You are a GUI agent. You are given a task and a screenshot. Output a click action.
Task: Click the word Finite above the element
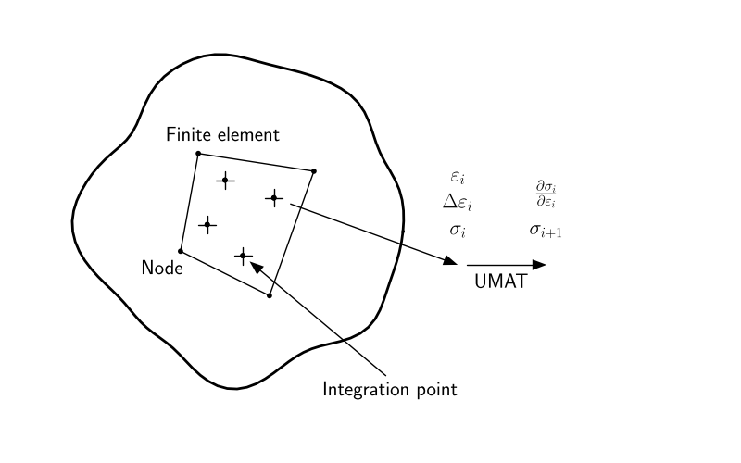click(186, 134)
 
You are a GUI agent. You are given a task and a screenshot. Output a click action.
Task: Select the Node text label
click(162, 268)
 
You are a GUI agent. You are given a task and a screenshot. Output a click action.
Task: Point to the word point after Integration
click(435, 390)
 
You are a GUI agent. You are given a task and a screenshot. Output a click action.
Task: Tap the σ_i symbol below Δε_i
click(457, 229)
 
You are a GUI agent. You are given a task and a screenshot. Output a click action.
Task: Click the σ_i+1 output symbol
click(546, 229)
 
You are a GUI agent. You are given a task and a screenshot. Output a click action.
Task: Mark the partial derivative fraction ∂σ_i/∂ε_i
click(546, 195)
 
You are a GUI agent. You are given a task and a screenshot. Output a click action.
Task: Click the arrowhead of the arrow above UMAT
click(541, 265)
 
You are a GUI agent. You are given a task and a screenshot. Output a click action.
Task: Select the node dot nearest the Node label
click(181, 250)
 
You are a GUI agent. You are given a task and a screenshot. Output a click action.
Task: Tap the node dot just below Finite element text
click(198, 153)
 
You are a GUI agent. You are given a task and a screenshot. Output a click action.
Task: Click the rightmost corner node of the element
click(314, 170)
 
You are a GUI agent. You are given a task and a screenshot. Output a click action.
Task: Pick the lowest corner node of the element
click(269, 295)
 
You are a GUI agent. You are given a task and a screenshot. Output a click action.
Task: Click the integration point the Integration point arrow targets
click(243, 256)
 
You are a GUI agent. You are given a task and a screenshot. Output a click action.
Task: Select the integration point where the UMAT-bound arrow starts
click(274, 197)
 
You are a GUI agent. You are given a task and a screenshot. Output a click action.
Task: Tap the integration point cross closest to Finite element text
click(224, 181)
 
